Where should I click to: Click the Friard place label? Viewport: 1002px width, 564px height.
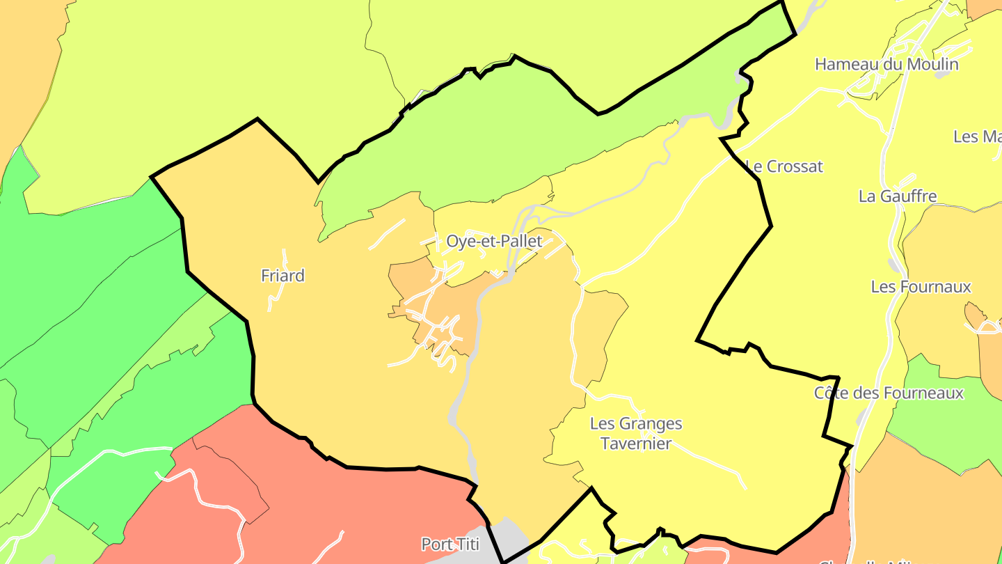point(283,276)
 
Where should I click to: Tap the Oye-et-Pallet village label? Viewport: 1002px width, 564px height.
point(494,242)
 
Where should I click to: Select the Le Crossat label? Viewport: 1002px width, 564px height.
point(784,166)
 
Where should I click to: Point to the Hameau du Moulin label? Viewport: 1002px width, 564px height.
point(886,64)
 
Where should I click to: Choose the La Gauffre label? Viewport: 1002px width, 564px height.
point(898,196)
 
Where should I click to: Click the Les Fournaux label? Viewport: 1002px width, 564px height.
point(921,286)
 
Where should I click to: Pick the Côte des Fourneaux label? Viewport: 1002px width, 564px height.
point(889,393)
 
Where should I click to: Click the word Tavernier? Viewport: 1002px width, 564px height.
point(635,444)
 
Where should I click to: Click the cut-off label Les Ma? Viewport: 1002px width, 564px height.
point(977,136)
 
